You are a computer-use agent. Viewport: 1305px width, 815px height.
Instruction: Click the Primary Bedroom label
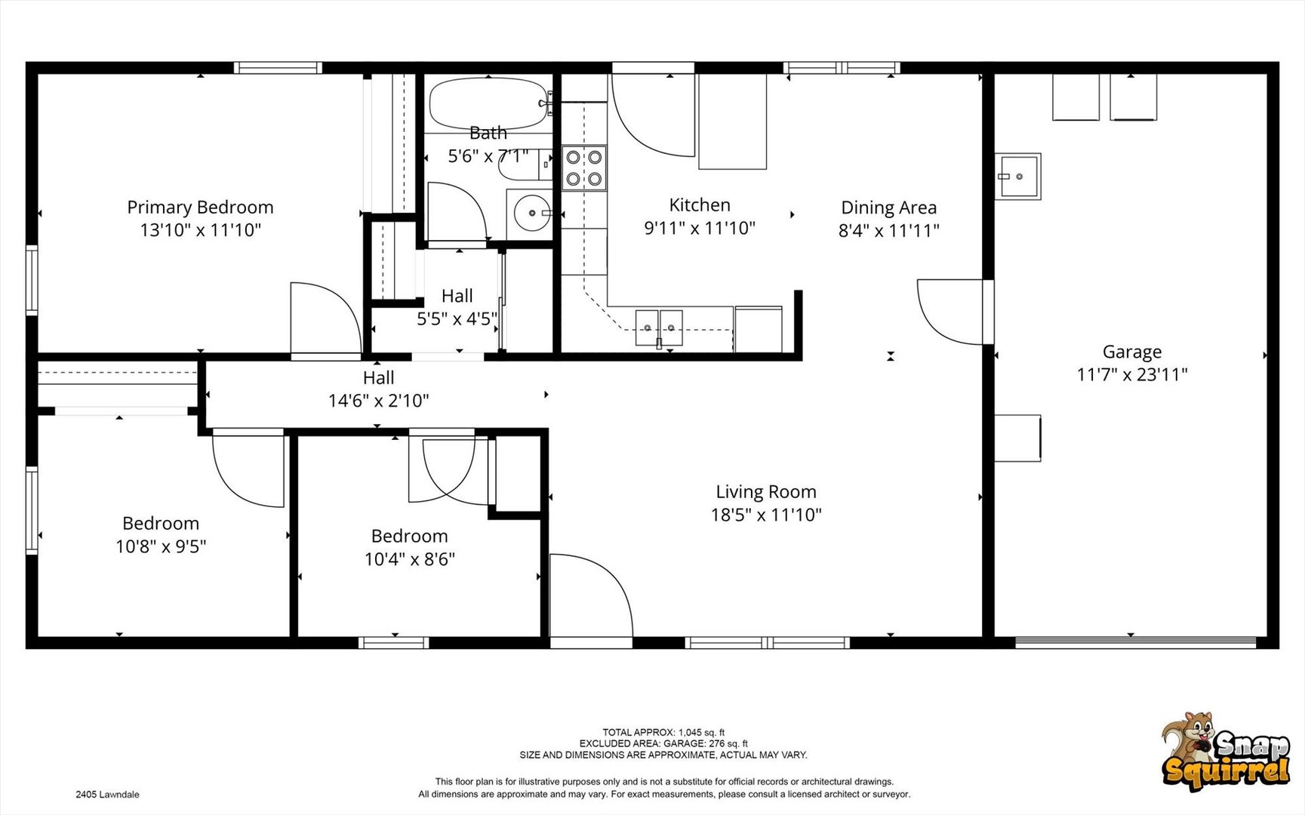click(200, 207)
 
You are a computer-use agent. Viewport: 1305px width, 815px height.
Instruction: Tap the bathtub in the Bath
click(488, 103)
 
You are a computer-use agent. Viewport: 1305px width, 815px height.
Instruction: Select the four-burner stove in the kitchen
click(584, 168)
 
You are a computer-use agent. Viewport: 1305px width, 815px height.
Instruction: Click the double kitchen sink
click(659, 328)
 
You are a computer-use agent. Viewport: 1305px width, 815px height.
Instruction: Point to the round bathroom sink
click(532, 213)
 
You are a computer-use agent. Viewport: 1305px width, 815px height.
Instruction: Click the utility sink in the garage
click(1017, 177)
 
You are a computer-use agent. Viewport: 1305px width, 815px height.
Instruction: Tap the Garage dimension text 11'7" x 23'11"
click(1132, 374)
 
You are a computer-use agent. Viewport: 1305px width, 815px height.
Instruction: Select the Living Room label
click(766, 492)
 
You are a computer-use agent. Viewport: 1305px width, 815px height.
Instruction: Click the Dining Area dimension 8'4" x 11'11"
click(889, 230)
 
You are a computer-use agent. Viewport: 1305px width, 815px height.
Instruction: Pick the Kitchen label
click(700, 205)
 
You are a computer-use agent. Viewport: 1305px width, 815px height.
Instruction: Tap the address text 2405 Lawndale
click(107, 795)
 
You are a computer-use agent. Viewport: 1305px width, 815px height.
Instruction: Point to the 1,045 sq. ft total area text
click(663, 732)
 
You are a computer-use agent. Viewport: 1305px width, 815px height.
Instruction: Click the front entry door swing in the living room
click(591, 595)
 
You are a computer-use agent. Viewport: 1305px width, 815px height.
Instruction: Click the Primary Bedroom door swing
click(326, 317)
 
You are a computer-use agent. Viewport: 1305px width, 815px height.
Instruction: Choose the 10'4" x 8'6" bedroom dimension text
click(410, 559)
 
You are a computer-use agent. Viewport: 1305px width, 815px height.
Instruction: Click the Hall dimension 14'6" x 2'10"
click(379, 401)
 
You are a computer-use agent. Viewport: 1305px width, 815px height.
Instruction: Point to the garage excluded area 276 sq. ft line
click(663, 743)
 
